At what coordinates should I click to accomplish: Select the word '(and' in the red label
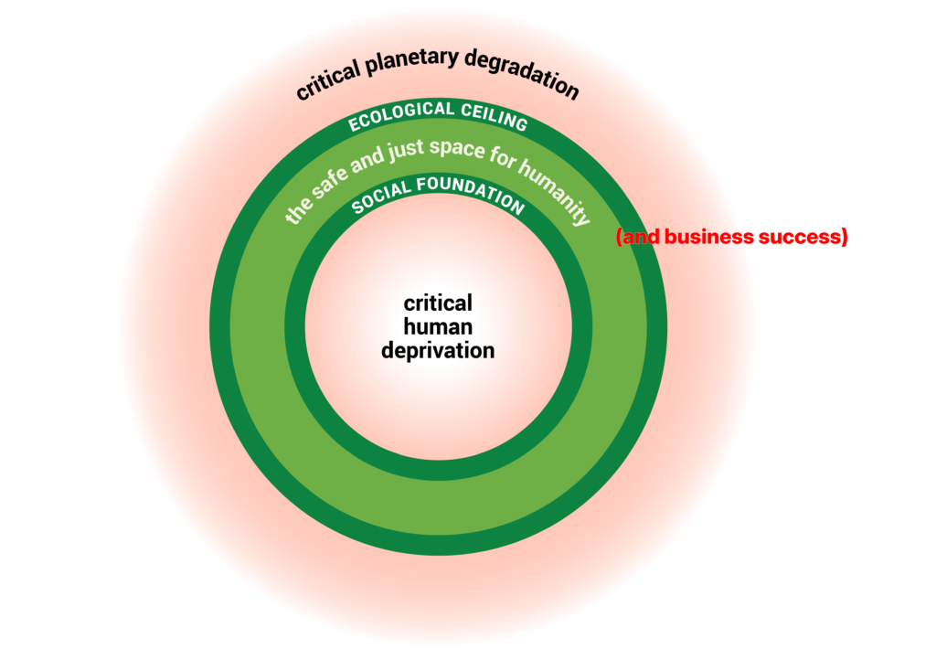638,237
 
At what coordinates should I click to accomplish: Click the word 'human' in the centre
439,326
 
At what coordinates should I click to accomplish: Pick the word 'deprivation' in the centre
439,349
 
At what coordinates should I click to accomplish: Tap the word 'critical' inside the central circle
439,303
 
